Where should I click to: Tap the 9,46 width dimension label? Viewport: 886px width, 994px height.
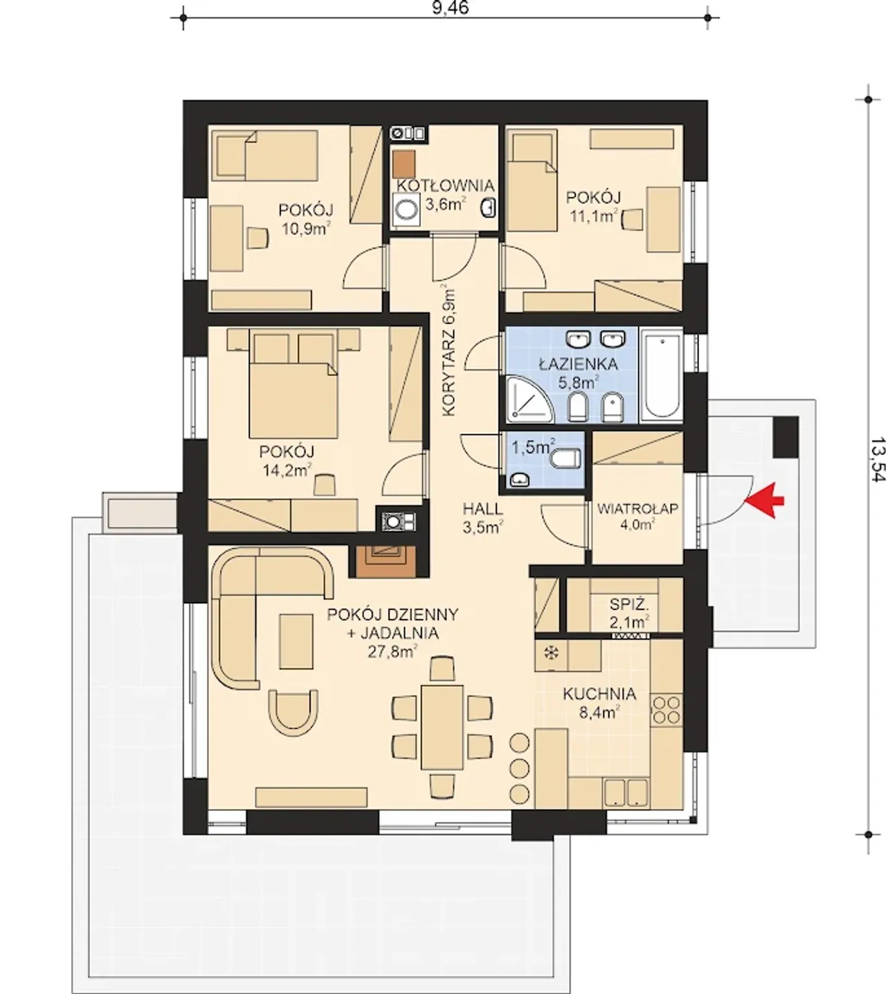point(451,8)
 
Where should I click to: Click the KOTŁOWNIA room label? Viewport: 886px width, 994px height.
point(445,186)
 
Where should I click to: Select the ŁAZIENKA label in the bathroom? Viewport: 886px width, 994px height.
point(578,364)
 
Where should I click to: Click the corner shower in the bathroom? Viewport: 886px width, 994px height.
point(529,400)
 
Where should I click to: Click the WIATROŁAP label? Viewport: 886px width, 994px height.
point(638,508)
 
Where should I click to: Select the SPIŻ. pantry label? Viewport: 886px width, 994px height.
point(629,605)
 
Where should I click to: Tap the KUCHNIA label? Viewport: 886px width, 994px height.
point(599,694)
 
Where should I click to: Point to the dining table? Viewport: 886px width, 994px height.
point(442,727)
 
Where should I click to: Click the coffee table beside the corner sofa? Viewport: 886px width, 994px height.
point(296,641)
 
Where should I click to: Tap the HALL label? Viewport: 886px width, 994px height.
point(483,508)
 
